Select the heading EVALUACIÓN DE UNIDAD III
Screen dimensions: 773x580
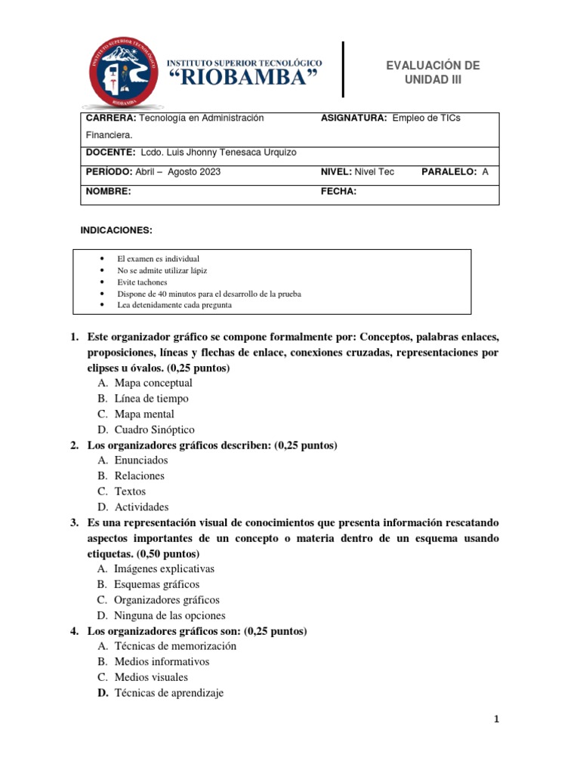pyautogui.click(x=433, y=72)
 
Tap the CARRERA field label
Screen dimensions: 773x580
pyautogui.click(x=110, y=119)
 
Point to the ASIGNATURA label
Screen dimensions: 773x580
pyautogui.click(x=354, y=119)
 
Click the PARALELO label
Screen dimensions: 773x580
pyautogui.click(x=449, y=172)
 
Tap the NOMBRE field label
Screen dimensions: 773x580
pyautogui.click(x=108, y=192)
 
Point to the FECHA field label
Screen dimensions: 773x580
pyautogui.click(x=338, y=192)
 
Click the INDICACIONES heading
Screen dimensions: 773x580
pyautogui.click(x=116, y=229)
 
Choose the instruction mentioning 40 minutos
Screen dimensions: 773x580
pyautogui.click(x=209, y=294)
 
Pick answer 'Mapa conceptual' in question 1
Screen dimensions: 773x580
pyautogui.click(x=153, y=383)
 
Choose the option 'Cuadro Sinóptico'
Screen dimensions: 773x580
pyautogui.click(x=154, y=430)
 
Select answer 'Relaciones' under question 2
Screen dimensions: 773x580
pyautogui.click(x=139, y=476)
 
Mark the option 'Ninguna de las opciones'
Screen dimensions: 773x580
pyautogui.click(x=169, y=615)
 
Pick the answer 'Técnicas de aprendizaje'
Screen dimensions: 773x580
pyautogui.click(x=169, y=692)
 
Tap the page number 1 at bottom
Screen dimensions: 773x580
pyautogui.click(x=495, y=719)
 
